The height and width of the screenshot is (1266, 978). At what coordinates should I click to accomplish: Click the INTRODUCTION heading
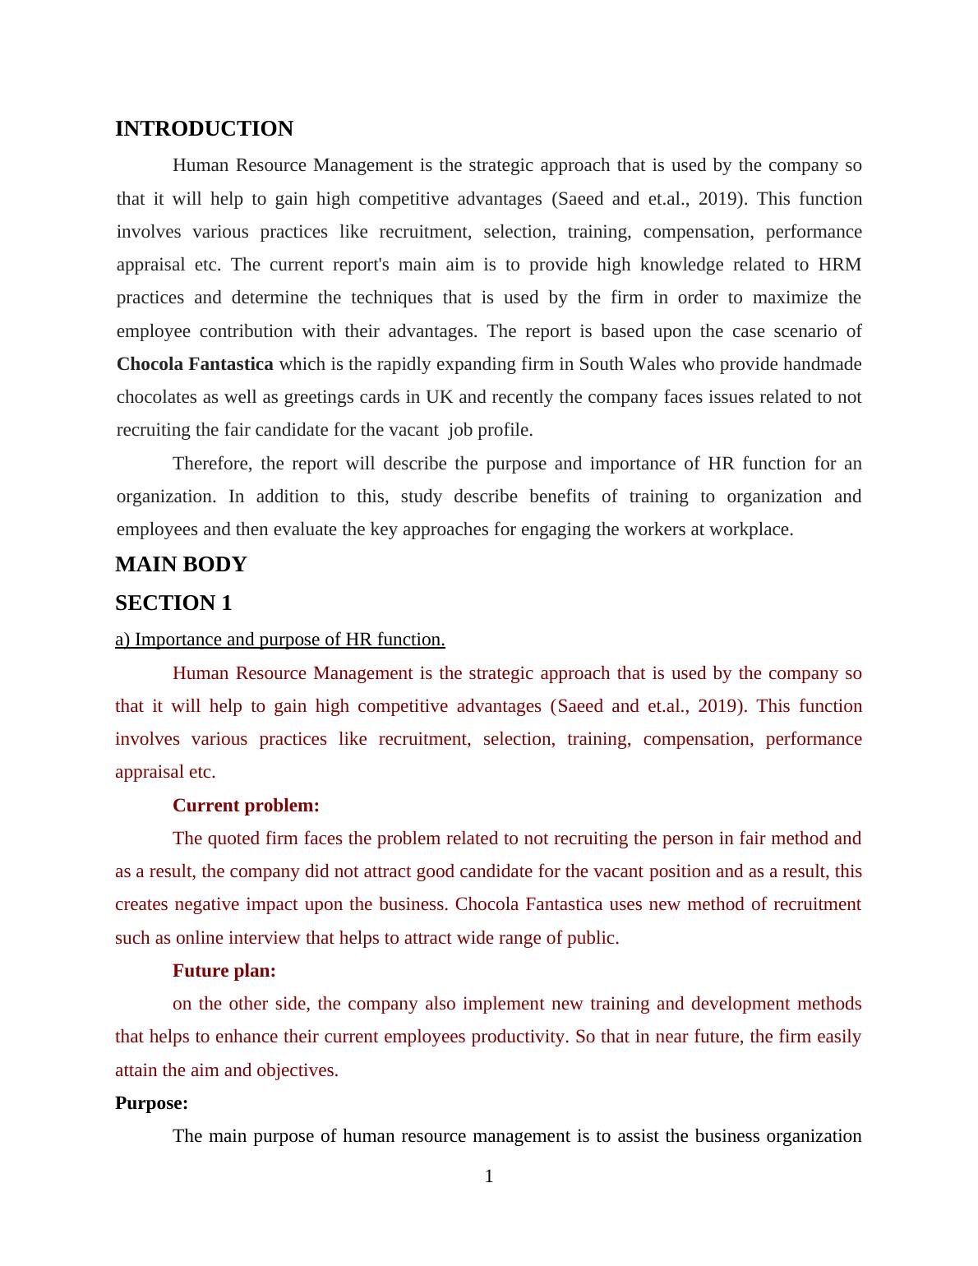click(204, 129)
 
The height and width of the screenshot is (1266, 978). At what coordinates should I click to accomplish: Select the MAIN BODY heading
click(181, 565)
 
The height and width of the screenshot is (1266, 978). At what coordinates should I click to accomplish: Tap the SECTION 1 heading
click(173, 603)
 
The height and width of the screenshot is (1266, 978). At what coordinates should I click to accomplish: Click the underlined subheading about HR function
click(280, 640)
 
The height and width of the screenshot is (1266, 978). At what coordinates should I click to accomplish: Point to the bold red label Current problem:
click(246, 806)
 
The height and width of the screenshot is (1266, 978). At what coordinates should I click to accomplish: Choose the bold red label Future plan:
click(224, 971)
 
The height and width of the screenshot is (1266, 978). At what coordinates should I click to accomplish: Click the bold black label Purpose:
click(151, 1103)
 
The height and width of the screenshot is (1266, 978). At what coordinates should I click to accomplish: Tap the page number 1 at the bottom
click(489, 1176)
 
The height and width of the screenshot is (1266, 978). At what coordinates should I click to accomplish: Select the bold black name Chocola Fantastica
click(195, 364)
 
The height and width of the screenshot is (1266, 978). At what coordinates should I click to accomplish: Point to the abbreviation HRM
click(839, 265)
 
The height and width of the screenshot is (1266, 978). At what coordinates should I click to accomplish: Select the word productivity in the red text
click(519, 1037)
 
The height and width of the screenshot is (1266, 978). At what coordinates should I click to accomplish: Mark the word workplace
click(754, 529)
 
